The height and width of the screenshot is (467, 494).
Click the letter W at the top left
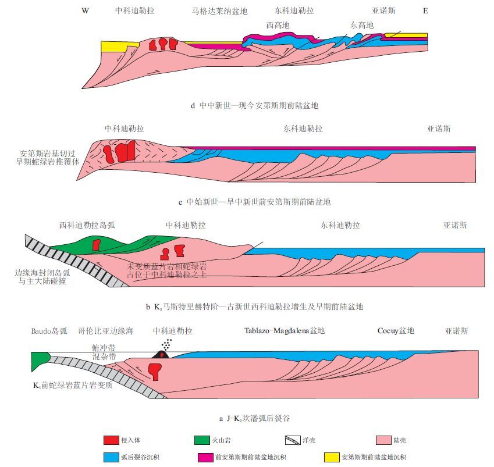point(85,10)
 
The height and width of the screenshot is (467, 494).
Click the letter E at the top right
point(425,10)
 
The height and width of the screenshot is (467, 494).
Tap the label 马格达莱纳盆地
point(219,10)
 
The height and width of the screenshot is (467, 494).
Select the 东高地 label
point(362,25)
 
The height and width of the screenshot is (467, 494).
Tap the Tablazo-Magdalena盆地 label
point(285,331)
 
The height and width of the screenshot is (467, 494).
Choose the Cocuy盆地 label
point(395,331)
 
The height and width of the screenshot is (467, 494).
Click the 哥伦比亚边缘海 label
point(106,331)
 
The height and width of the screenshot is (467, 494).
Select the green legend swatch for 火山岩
point(205,440)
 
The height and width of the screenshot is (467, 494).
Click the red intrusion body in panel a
point(154,371)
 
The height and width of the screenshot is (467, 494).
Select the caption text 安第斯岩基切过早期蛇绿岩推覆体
point(51,158)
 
